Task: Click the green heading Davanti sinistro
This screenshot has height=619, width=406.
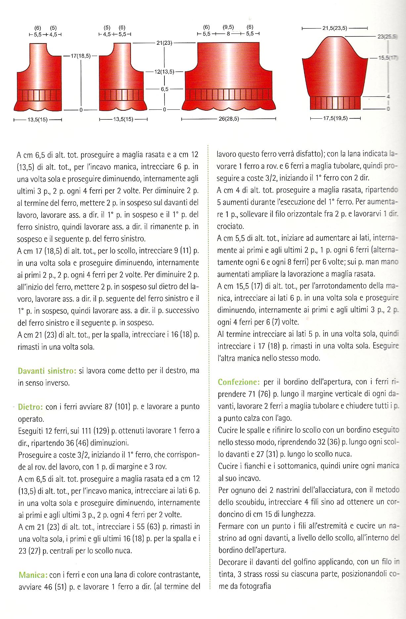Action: click(47, 370)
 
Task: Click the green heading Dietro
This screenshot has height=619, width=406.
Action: click(30, 406)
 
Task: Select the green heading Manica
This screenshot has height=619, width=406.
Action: click(33, 575)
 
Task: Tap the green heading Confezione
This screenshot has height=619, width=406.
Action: click(238, 382)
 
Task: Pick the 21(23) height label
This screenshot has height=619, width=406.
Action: click(164, 43)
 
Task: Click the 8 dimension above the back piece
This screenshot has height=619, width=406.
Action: click(228, 33)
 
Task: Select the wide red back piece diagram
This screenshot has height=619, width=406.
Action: click(229, 78)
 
